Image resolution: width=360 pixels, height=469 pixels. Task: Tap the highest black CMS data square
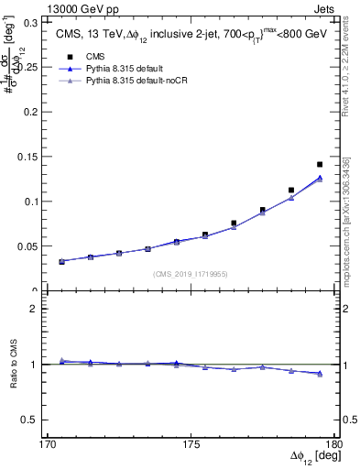[x=320, y=165]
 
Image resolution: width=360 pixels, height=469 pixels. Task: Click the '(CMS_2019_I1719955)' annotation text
[x=191, y=273]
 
